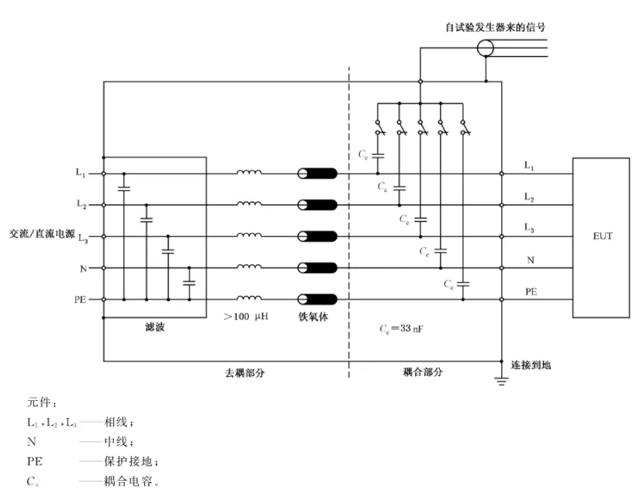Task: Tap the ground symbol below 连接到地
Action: [501, 381]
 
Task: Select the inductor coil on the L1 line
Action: [249, 172]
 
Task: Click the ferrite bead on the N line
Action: [317, 268]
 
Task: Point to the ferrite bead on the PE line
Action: [317, 300]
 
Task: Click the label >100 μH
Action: [246, 317]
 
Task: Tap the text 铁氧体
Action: [313, 317]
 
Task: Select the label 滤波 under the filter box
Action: [154, 327]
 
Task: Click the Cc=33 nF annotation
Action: [401, 329]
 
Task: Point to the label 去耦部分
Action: [245, 373]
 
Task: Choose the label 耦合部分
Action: [423, 372]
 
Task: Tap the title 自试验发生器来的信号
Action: [496, 27]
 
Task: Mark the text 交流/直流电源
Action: [42, 234]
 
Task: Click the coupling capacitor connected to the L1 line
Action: [378, 155]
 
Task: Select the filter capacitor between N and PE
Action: [189, 283]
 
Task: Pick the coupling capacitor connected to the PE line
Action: [463, 284]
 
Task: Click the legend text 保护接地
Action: [128, 461]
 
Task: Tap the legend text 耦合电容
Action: [128, 481]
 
